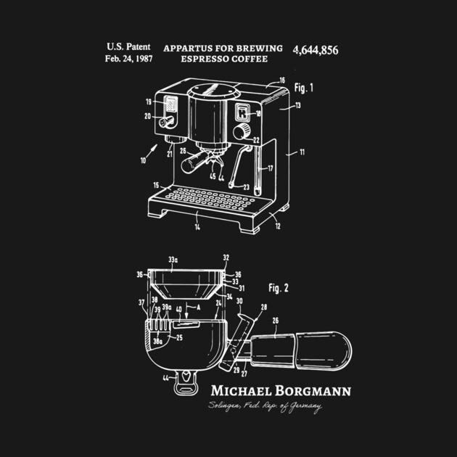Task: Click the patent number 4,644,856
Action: [x=316, y=50]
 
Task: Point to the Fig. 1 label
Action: [x=304, y=88]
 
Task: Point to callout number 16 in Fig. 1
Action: [x=282, y=81]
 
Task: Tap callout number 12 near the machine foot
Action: [x=279, y=226]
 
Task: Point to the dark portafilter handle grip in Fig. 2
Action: [x=312, y=351]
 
